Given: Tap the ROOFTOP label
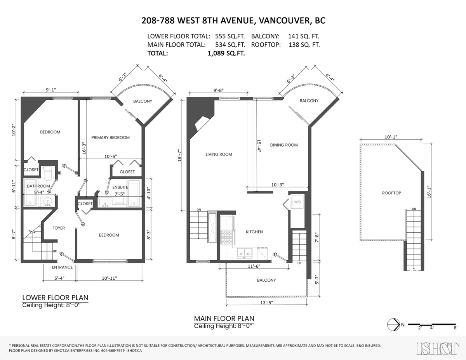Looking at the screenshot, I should click(x=391, y=193).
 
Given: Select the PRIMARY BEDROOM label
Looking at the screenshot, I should click(x=110, y=138).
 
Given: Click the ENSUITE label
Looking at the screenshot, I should click(x=121, y=187).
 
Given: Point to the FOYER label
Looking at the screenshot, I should click(x=59, y=228).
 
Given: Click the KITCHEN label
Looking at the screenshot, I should click(x=254, y=232).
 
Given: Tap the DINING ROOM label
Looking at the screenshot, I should click(x=284, y=145).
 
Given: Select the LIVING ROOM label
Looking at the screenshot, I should click(x=219, y=154).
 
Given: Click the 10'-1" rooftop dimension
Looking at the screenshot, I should click(x=391, y=137).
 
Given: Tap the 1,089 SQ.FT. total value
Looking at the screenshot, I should click(x=226, y=54).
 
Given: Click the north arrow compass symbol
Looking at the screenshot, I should click(x=393, y=324).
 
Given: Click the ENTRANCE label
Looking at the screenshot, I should click(x=63, y=267).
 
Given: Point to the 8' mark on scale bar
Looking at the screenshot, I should click(x=455, y=328).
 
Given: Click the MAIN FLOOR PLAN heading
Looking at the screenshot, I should click(x=224, y=318).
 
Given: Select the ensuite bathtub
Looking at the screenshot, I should click(x=134, y=193).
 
